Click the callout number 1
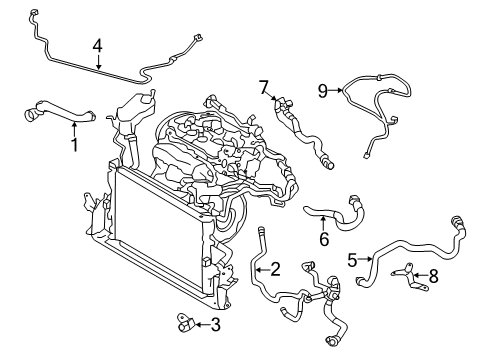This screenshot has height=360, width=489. pos(74,145)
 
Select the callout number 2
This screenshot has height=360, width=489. pos(274,267)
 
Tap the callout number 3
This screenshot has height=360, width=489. pos(216,324)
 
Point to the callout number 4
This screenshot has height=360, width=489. pos(98,46)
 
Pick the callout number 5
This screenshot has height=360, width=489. pos(352,259)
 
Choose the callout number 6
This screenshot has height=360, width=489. pos(323,239)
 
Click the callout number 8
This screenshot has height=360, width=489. pos(432,277)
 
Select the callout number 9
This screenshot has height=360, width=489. pos(323,91)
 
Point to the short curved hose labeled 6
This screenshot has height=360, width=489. pos(335,212)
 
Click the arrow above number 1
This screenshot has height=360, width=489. pos(74,128)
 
